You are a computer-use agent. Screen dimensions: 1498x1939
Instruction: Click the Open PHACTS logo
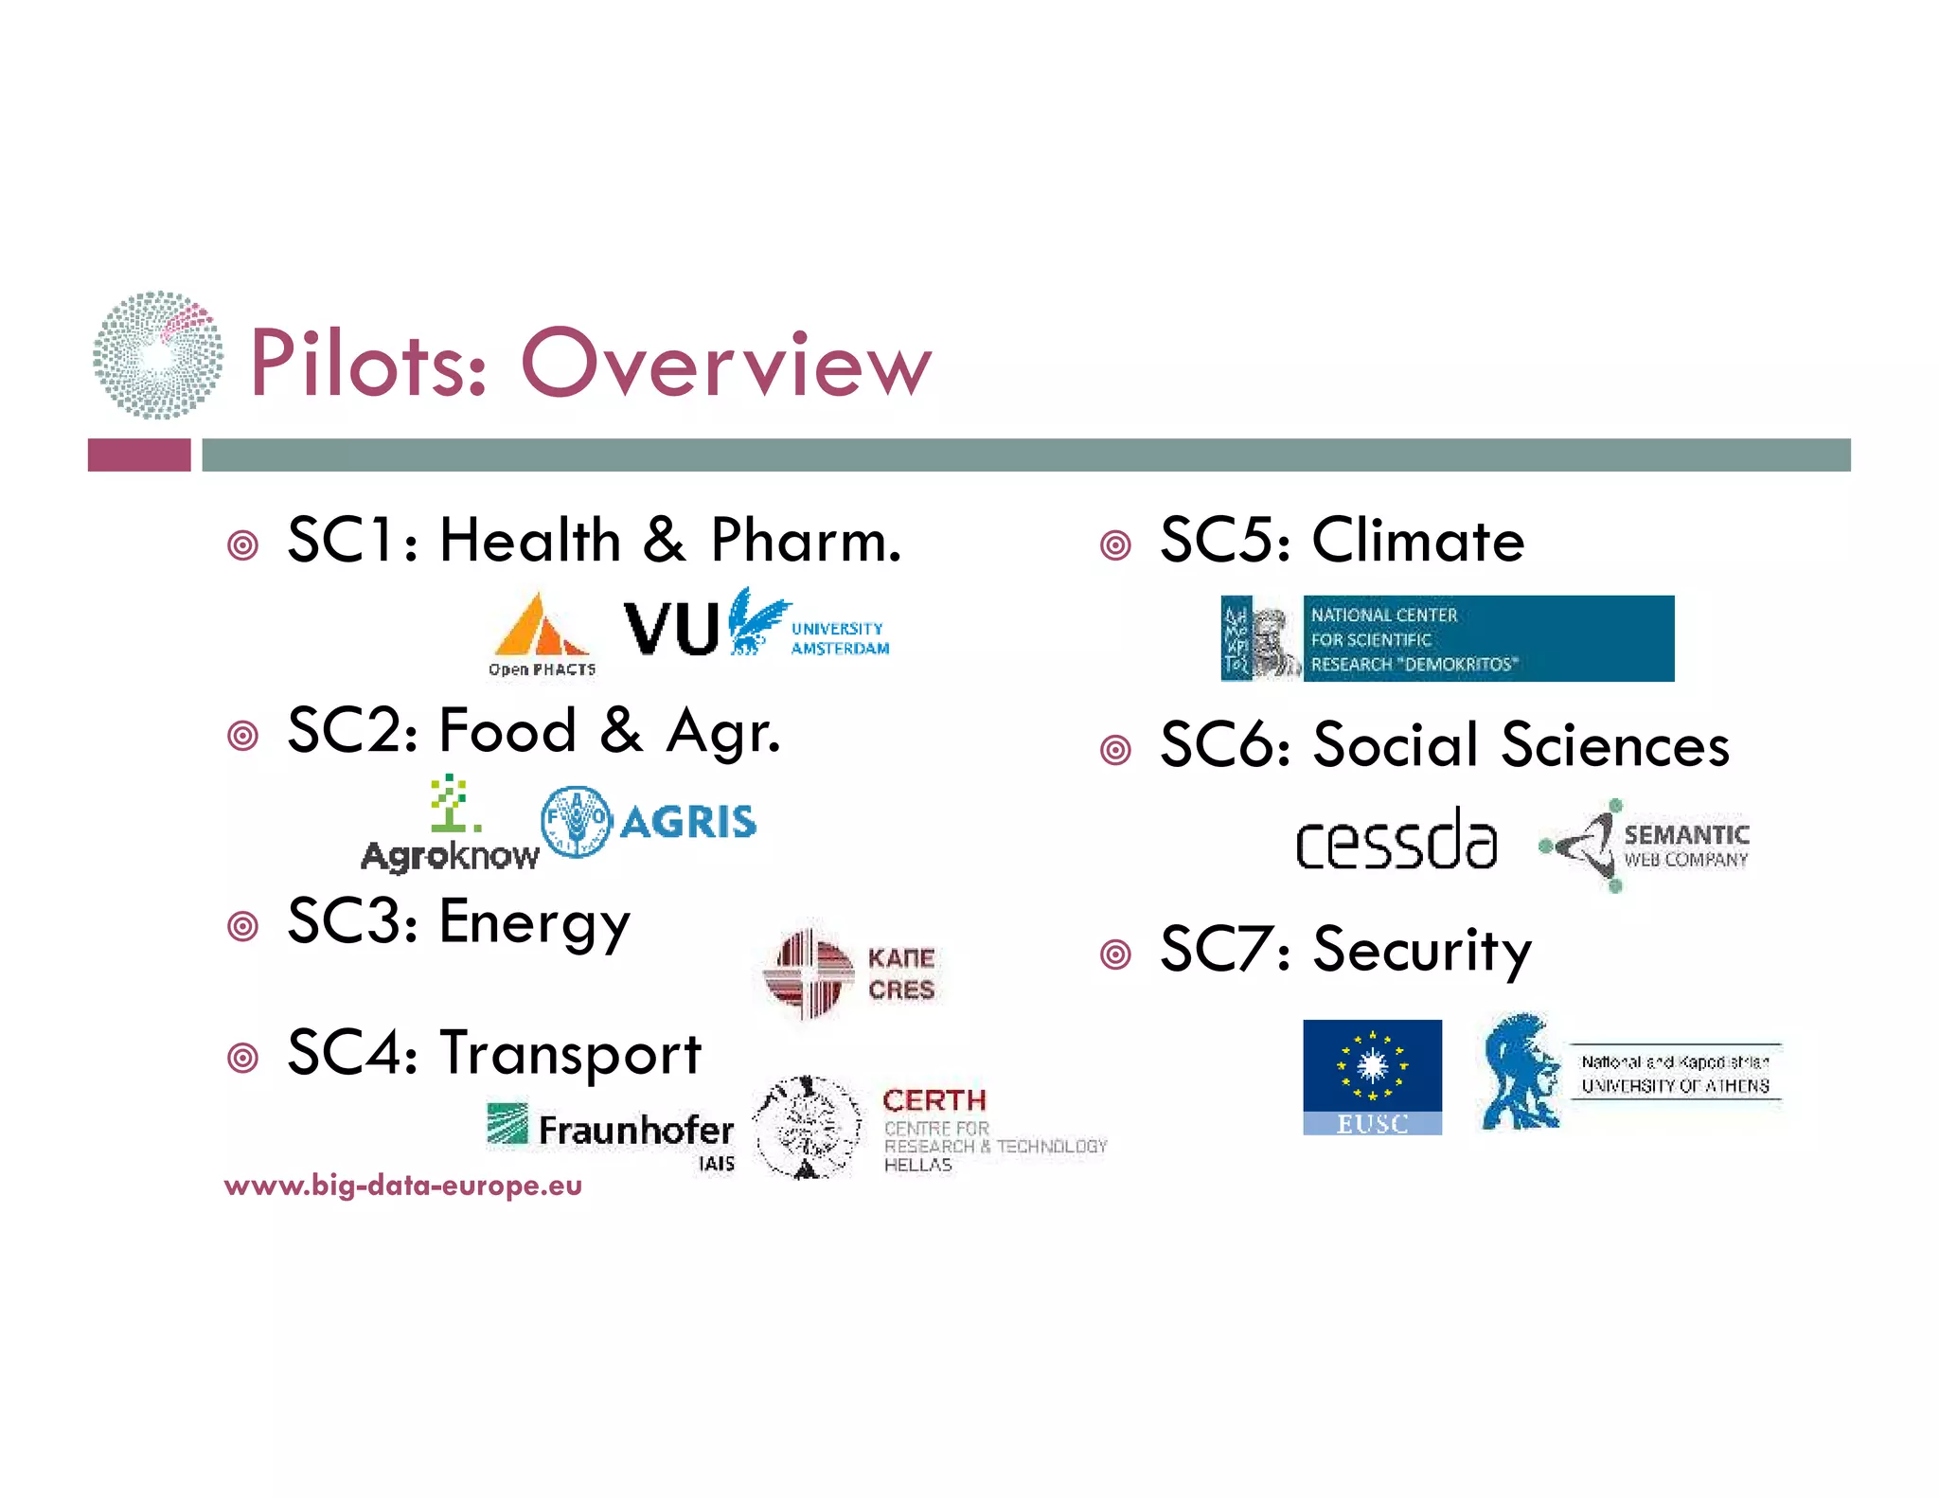(x=542, y=633)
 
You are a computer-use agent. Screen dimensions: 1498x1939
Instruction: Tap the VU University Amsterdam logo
(x=756, y=625)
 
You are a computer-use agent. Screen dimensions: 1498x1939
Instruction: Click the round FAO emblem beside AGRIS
(x=576, y=821)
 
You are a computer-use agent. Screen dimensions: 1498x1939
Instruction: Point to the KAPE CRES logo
(x=850, y=972)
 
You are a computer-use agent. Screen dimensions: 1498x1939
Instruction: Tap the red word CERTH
(x=934, y=1100)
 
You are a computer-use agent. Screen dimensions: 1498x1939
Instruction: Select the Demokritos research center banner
(x=1447, y=638)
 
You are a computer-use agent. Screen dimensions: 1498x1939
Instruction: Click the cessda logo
(x=1396, y=840)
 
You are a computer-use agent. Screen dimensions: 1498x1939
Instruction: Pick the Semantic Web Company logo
(x=1645, y=846)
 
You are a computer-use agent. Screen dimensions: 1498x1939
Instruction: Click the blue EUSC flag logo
(x=1372, y=1077)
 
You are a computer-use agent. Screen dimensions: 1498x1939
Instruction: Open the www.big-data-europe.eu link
(x=403, y=1186)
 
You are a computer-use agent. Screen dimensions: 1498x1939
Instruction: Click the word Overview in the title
(x=726, y=364)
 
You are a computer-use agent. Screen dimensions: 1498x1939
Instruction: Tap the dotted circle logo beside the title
(x=158, y=355)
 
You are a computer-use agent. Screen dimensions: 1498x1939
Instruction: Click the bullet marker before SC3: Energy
(x=243, y=926)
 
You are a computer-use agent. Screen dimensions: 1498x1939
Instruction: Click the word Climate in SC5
(x=1417, y=541)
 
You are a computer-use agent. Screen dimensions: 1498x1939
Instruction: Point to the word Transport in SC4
(x=570, y=1054)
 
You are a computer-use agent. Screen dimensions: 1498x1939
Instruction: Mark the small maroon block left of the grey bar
(x=139, y=455)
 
